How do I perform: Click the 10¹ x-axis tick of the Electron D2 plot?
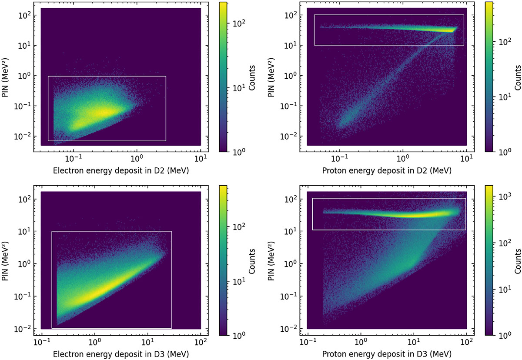coord(200,159)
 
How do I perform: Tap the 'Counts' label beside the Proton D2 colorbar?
coord(518,77)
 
